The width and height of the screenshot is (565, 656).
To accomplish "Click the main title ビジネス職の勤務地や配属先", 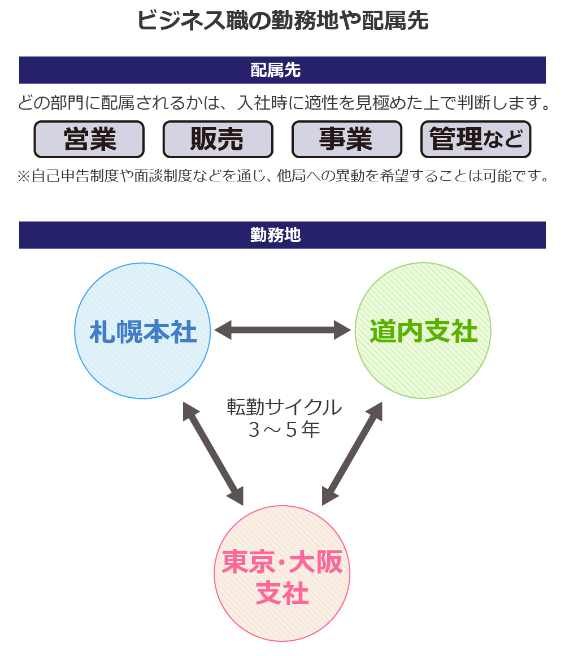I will point(282,21).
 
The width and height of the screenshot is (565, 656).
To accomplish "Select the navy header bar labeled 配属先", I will point(282,70).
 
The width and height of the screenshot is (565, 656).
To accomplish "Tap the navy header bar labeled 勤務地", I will point(282,235).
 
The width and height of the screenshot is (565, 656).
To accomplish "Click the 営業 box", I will point(89,139).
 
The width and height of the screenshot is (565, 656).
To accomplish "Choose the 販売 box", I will point(218,139).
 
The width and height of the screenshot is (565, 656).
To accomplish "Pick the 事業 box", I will point(347,139).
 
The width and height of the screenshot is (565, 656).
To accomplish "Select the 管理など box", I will point(476,139).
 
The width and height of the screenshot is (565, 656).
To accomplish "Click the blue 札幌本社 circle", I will point(142,331).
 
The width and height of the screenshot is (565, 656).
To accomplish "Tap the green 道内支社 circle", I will point(423,331).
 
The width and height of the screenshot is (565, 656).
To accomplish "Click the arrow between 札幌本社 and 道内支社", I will point(282,330).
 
